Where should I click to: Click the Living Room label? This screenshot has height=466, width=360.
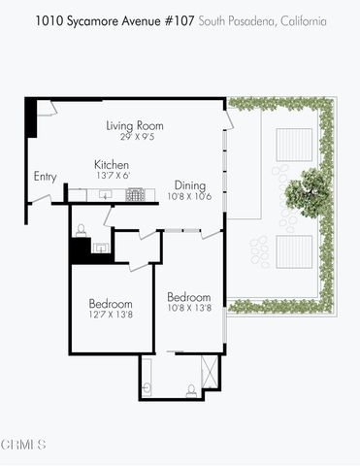tap(134, 125)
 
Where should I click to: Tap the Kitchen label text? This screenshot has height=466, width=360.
tap(113, 164)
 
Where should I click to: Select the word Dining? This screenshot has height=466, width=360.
tap(189, 185)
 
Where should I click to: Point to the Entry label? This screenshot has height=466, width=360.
tap(45, 177)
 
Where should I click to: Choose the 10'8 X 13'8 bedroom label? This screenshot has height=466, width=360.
tap(189, 297)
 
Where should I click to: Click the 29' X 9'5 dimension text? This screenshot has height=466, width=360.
tap(134, 137)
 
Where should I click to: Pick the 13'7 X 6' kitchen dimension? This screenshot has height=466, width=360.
tap(113, 176)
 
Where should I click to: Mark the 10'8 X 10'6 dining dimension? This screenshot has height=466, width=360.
tap(189, 197)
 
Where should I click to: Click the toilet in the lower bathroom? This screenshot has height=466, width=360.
tap(190, 389)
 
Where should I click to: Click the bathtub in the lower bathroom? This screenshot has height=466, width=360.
tap(148, 378)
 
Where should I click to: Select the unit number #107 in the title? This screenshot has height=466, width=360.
tap(177, 19)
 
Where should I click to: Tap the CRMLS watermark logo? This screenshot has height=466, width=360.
tap(24, 446)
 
